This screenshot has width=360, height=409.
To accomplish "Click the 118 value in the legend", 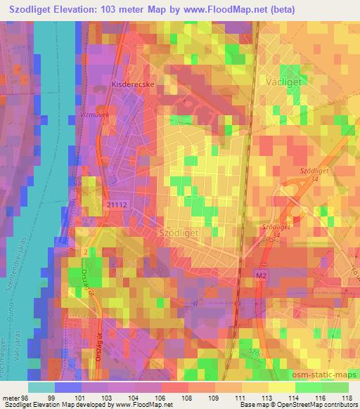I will coord(347,396).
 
